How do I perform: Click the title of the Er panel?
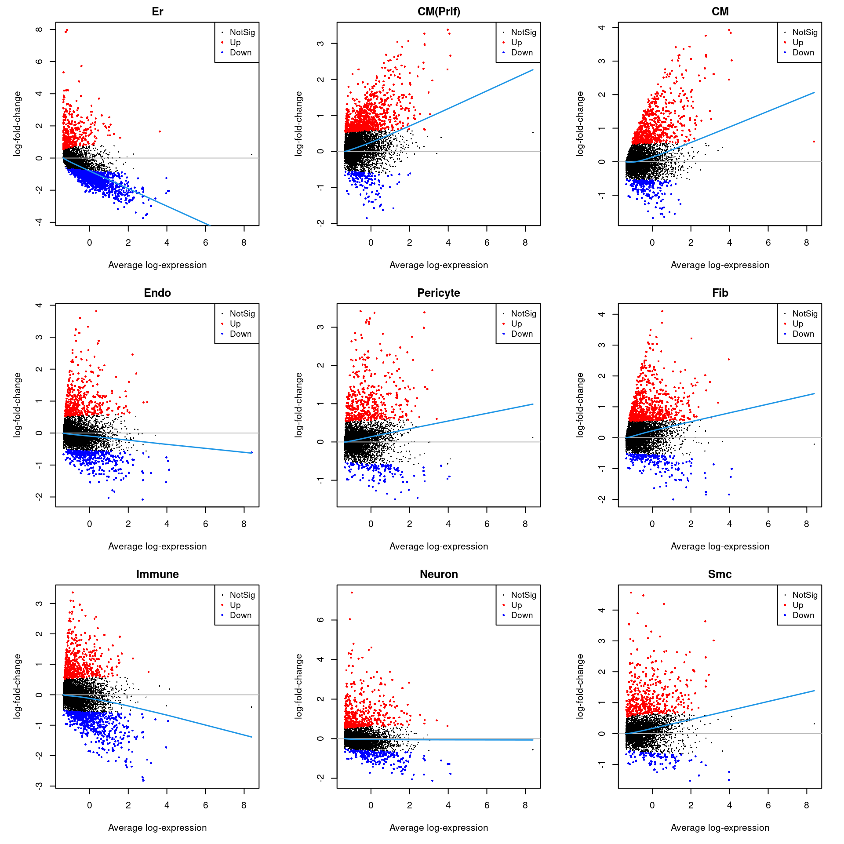157,11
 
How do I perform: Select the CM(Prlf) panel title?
439,11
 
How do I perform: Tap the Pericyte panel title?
439,293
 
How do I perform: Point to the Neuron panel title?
439,574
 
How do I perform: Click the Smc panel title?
720,574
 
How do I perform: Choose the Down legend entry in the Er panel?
240,53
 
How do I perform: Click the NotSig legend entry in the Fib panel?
804,314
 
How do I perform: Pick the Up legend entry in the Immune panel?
235,605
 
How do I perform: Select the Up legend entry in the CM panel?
797,43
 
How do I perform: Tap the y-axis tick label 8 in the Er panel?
40,29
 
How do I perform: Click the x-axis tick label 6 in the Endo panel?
205,524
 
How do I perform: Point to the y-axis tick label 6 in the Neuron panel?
321,620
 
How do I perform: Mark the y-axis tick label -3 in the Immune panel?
40,786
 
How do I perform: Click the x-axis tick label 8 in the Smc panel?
806,805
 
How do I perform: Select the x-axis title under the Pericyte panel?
439,546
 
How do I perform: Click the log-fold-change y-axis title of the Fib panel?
580,405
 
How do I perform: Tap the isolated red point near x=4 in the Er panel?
160,131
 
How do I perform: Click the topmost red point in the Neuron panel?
352,593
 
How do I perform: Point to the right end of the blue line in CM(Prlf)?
533,70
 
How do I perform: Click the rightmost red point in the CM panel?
814,142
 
